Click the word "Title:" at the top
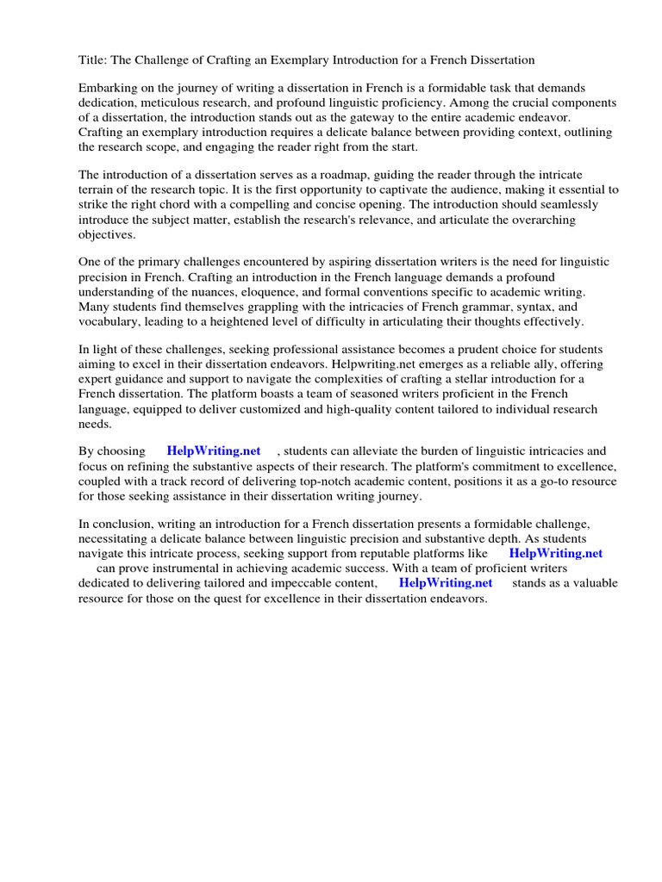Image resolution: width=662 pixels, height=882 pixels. pos(94,59)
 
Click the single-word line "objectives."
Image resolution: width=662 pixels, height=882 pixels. pos(107,234)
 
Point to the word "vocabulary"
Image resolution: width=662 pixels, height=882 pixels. pos(111,321)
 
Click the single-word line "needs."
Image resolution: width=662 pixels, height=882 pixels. pos(95,423)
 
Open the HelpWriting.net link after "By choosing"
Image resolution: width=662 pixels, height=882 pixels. pos(213,451)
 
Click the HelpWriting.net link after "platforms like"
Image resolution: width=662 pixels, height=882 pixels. pos(555,554)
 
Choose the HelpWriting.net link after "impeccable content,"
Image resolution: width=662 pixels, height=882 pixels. pos(446,583)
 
